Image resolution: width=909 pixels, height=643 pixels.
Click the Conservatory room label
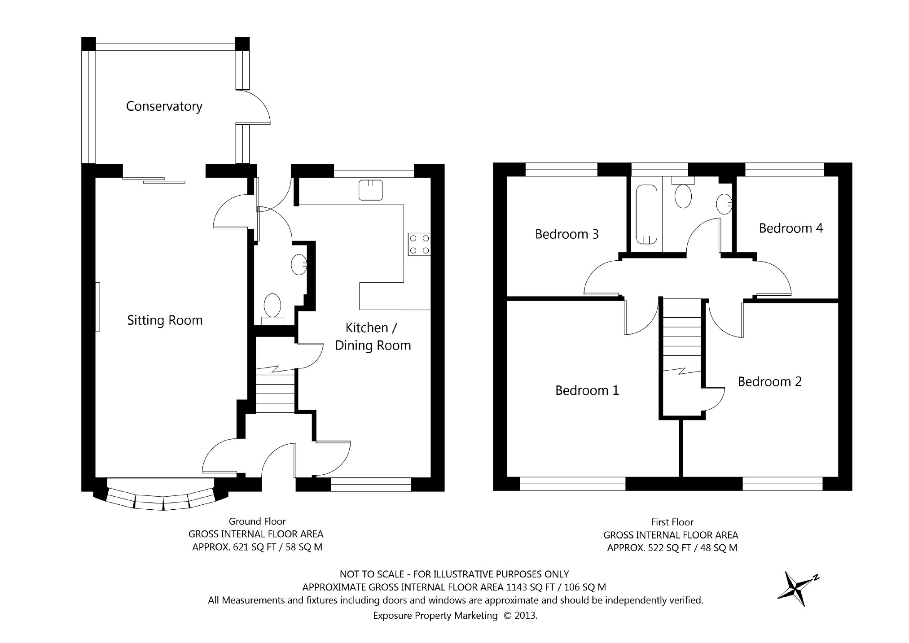click(164, 106)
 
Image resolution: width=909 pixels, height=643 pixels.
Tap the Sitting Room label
click(165, 320)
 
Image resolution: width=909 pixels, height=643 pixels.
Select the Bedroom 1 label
click(587, 390)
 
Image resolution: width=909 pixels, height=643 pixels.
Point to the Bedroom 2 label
click(769, 381)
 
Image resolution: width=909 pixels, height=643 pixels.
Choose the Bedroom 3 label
click(567, 234)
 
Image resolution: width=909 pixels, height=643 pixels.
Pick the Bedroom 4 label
click(790, 228)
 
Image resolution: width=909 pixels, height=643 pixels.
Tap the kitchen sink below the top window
click(371, 190)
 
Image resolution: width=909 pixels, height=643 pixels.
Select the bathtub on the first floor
click(646, 215)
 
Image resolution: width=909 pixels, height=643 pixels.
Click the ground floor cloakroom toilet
click(272, 309)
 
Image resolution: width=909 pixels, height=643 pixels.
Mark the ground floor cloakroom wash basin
click(299, 265)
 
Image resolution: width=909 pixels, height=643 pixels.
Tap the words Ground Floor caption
click(257, 521)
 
